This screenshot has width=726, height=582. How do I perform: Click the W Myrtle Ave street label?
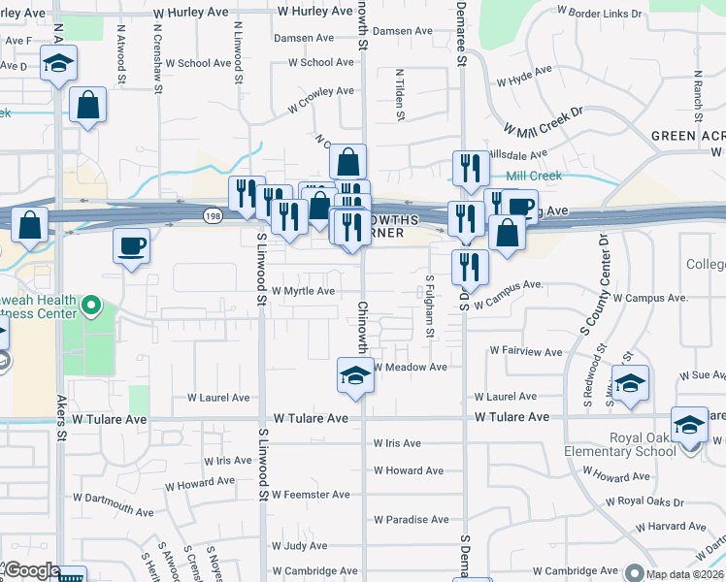[303, 291]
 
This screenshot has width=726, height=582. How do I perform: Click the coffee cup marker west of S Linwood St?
[131, 246]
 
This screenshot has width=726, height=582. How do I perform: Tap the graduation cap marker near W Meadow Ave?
[355, 375]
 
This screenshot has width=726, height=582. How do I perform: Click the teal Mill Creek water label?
[533, 176]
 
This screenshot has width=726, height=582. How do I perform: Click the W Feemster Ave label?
[311, 495]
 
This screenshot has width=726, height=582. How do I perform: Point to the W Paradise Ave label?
[412, 520]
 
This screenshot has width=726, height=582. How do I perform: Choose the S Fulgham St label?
[430, 306]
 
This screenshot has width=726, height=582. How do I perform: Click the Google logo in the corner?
[31, 571]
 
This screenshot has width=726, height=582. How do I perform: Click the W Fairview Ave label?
[525, 351]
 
